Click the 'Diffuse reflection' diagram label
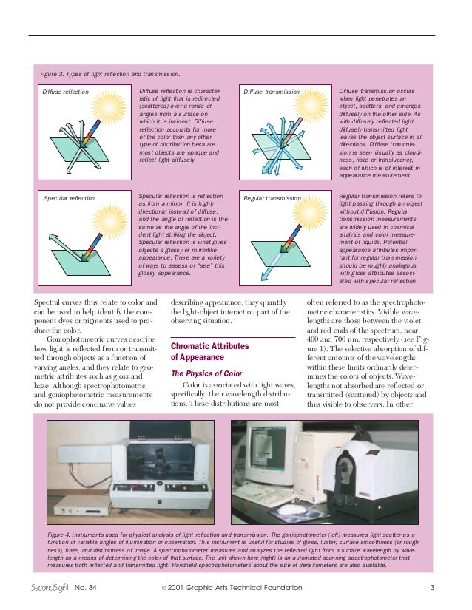coord(65,92)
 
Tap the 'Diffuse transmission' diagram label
coord(271,92)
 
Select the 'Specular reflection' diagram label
coord(69,199)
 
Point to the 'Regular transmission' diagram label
coord(272,199)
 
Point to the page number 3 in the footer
coord(431,588)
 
